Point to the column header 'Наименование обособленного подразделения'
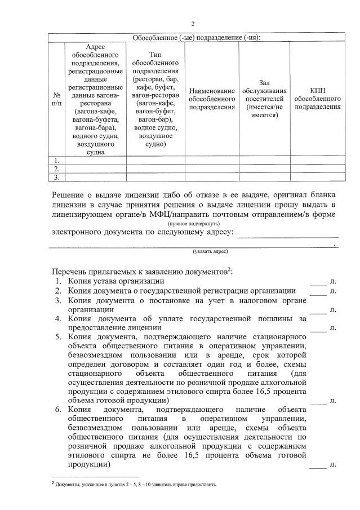coord(211,99)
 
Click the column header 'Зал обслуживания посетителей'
coord(264,99)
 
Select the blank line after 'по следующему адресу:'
coord(287,233)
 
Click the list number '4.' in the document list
coord(57,319)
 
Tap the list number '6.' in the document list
coord(57,409)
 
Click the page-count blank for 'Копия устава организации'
coord(318,281)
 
